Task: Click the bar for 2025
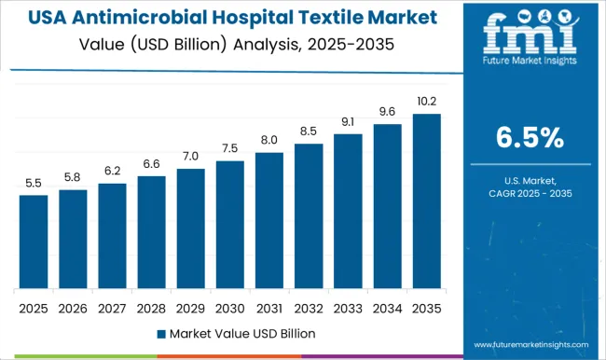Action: click(x=33, y=242)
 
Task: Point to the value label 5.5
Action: click(x=33, y=184)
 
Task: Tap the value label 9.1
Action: click(x=347, y=122)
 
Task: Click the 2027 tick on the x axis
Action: click(x=112, y=306)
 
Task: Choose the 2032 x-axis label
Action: click(x=308, y=306)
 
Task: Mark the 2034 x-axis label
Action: click(x=387, y=306)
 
